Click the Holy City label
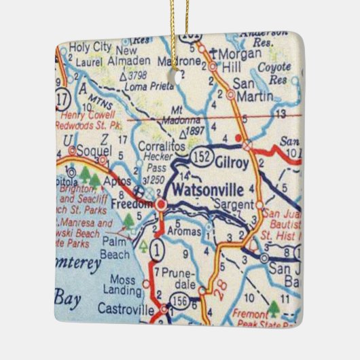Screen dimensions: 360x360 coord(84,47)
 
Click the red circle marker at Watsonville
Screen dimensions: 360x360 coord(161,204)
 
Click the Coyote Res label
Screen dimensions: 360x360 coord(278,73)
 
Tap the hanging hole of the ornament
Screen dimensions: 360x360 coord(180,77)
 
